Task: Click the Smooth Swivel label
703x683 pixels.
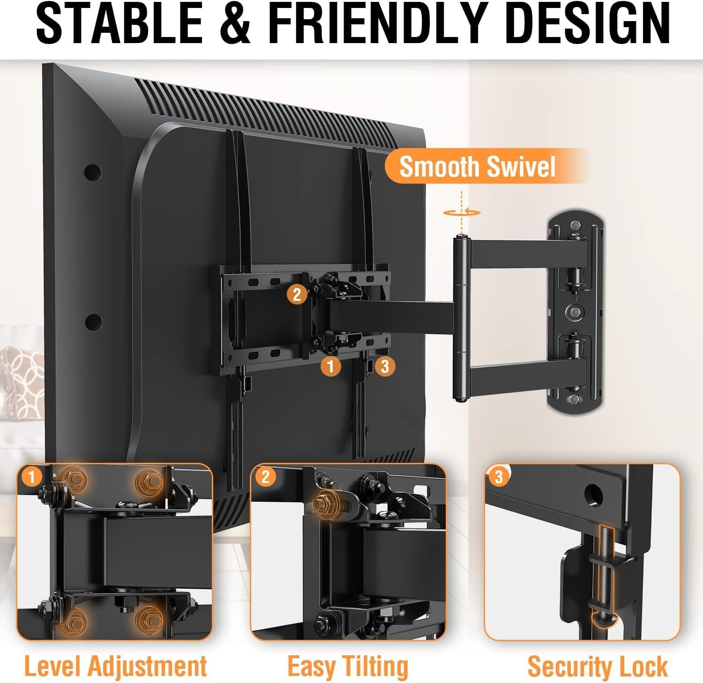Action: point(477,166)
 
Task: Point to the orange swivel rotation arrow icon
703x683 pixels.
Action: point(462,212)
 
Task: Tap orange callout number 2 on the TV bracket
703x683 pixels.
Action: point(297,295)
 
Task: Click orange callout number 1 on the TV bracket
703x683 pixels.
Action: point(331,366)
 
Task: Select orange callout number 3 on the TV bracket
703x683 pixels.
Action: point(385,366)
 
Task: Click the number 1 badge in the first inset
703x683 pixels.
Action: point(31,477)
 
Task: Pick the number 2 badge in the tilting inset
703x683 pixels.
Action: point(265,477)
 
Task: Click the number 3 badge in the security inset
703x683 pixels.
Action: point(499,477)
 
